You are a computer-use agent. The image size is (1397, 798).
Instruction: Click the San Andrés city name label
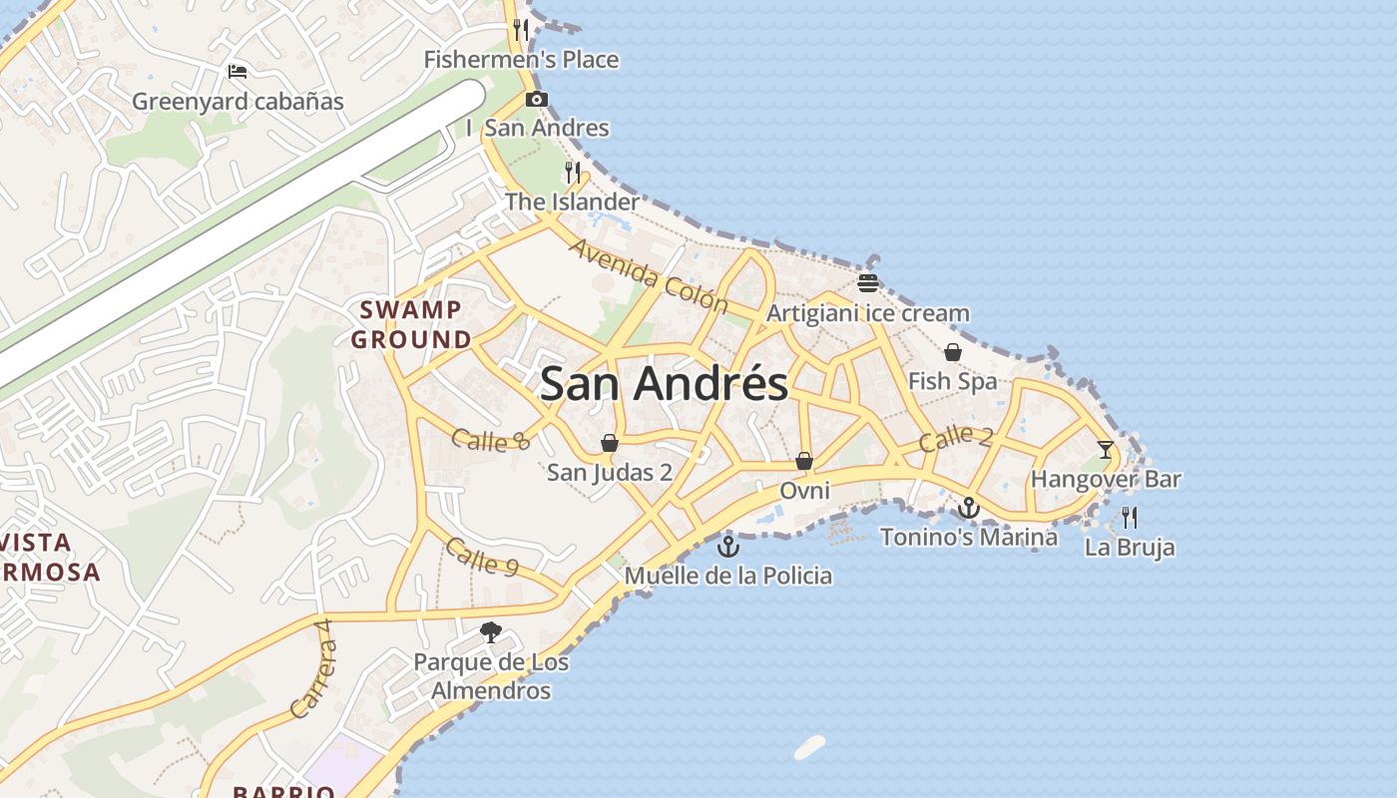pos(664,384)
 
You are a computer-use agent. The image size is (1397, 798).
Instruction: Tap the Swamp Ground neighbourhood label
pos(411,324)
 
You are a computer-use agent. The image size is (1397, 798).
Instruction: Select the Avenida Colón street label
pos(649,274)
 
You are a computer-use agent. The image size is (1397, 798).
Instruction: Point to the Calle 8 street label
pos(490,439)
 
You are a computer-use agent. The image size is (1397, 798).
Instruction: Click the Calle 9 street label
pos(482,557)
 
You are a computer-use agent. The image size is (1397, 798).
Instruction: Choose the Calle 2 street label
pos(956,437)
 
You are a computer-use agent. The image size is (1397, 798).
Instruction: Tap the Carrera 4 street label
pos(313,668)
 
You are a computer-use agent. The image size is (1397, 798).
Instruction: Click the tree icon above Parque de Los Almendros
pos(490,631)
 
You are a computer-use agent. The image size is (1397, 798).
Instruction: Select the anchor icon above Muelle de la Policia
pos(728,546)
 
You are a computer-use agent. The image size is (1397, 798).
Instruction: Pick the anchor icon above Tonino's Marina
pos(968,508)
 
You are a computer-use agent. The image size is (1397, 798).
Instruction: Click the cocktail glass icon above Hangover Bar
pos(1106,449)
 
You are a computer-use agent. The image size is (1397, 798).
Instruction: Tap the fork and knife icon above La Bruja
pos(1130,517)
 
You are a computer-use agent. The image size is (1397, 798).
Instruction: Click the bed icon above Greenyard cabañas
pos(237,71)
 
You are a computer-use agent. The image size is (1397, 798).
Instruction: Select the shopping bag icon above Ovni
pos(804,461)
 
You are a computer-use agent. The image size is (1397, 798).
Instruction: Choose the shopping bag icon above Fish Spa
pos(953,352)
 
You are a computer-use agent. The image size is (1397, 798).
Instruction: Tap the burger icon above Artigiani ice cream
pos(867,282)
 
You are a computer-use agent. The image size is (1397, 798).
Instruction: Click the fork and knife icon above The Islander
pos(573,172)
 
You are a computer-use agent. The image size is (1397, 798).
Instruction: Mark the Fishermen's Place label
pos(521,60)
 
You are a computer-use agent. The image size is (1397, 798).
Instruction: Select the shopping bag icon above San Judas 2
pos(609,443)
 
